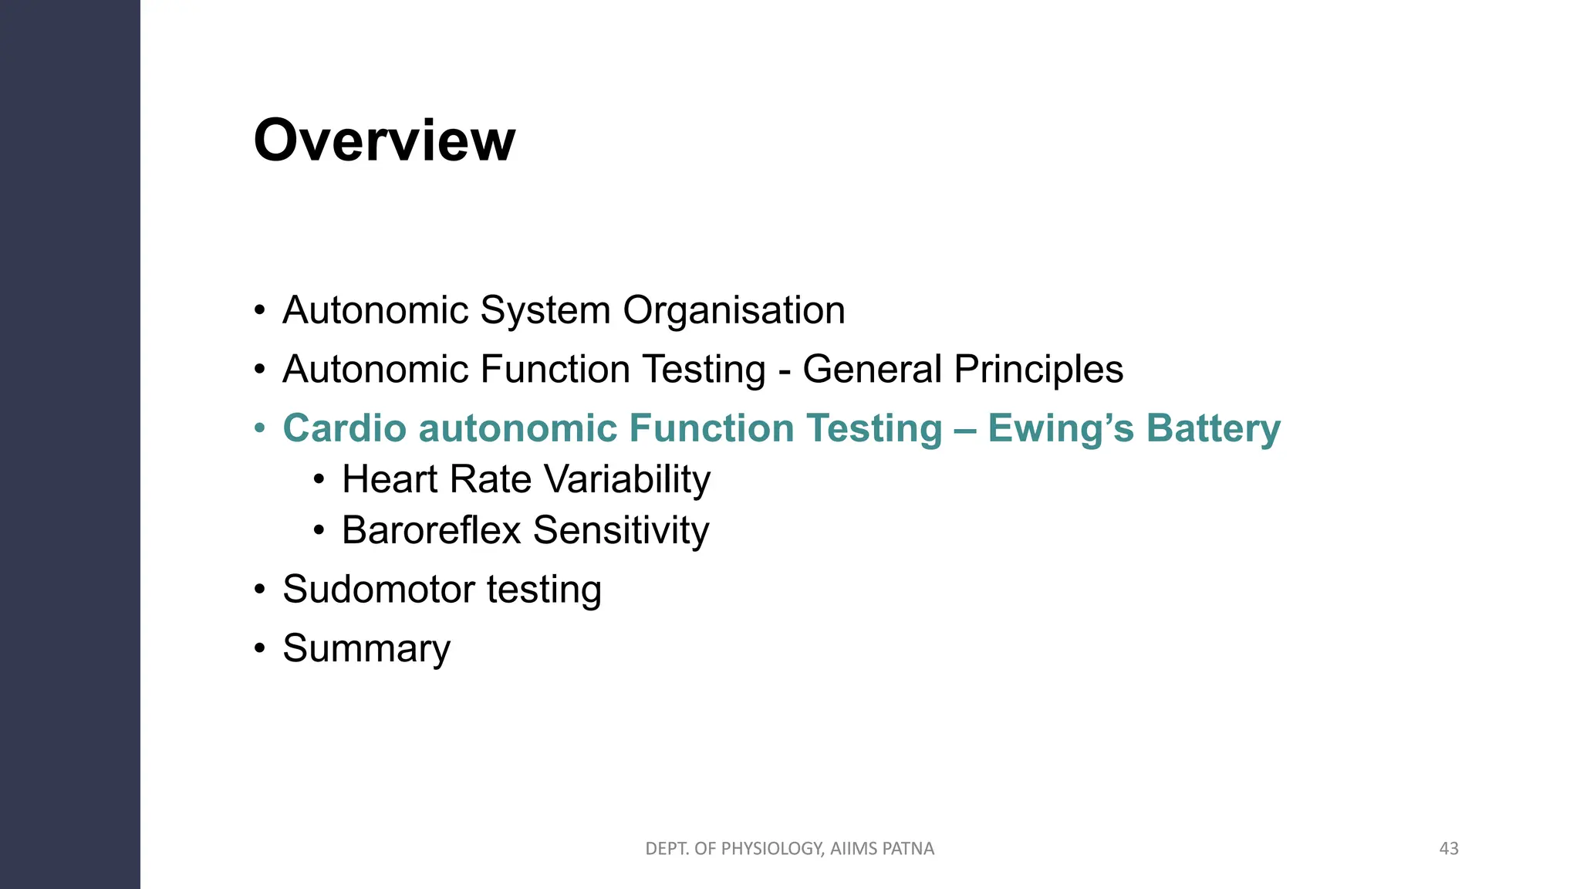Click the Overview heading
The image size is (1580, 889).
tap(384, 140)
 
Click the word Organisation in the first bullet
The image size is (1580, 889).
tap(734, 310)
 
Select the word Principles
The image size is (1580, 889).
tap(1038, 370)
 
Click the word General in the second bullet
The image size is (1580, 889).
tap(872, 369)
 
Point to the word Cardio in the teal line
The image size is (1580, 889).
tap(344, 428)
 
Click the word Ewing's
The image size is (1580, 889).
tap(1060, 429)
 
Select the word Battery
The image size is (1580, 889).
tap(1213, 429)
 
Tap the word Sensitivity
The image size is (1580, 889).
tap(621, 530)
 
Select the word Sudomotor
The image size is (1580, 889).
tap(378, 590)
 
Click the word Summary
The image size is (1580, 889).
tap(366, 649)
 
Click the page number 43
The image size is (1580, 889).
tap(1449, 849)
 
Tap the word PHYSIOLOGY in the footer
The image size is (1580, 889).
tap(770, 849)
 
